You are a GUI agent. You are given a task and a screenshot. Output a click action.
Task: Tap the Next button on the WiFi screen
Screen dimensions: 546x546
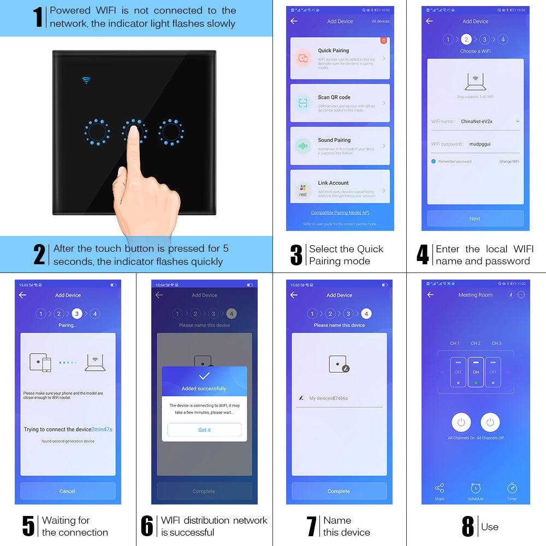tap(475, 218)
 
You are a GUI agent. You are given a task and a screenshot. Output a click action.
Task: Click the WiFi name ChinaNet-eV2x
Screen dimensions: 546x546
tap(477, 121)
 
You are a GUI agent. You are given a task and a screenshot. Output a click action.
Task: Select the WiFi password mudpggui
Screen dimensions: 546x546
tap(481, 144)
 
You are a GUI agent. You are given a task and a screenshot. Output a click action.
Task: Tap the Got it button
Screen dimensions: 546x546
tap(204, 430)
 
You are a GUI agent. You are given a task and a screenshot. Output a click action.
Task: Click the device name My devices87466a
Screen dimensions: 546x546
tap(328, 398)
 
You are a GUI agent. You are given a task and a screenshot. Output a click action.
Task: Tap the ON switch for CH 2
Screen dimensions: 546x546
tap(476, 372)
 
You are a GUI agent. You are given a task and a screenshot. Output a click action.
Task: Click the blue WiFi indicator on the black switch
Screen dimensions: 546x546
tap(86, 80)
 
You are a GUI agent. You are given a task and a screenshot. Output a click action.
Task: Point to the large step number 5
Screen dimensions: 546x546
tap(28, 526)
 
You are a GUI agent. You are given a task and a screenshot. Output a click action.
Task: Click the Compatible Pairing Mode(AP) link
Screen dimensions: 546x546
tap(340, 212)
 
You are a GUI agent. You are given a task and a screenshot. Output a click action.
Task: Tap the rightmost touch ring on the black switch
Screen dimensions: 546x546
tap(171, 132)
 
